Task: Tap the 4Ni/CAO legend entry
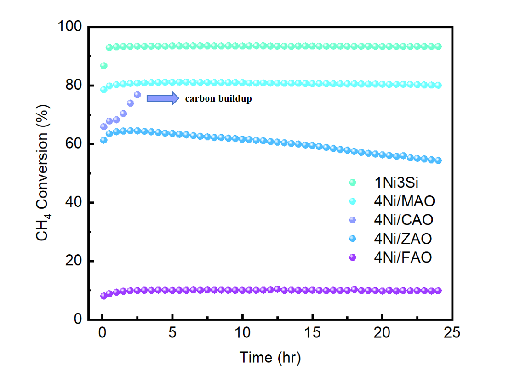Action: pos(403,220)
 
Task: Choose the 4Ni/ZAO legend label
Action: pos(403,239)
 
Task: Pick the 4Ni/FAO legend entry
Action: pos(403,257)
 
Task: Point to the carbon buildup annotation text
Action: pos(218,98)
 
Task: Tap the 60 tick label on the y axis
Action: pos(74,144)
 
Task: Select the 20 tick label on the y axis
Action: pos(74,261)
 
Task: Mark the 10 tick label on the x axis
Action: pos(242,333)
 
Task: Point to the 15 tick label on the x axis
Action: pos(312,333)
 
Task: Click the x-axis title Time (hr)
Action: pos(270,357)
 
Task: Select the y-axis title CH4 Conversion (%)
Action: pos(44,173)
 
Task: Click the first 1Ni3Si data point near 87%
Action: pos(103,66)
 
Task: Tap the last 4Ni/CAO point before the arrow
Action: pos(137,95)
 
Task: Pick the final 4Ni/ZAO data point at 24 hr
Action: pos(438,160)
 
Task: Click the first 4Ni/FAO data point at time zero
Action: pos(103,296)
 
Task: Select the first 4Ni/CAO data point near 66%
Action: pos(103,126)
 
